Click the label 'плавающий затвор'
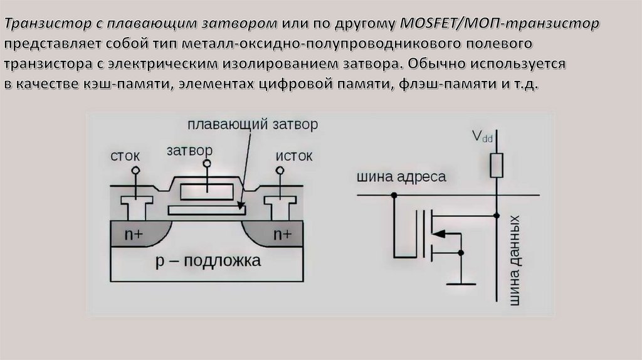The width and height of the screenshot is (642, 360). [x=253, y=125]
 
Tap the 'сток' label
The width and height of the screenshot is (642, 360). [x=125, y=156]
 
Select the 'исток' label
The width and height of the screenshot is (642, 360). [x=293, y=156]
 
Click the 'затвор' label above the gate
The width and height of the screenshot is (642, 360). [x=189, y=151]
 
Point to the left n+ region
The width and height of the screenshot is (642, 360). [x=137, y=234]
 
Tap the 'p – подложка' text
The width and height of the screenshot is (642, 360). [x=208, y=260]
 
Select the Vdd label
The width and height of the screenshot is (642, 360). [x=482, y=136]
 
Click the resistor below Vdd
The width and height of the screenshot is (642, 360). [x=497, y=166]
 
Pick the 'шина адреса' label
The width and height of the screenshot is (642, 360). [x=401, y=177]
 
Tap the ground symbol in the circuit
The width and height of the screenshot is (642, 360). [x=461, y=283]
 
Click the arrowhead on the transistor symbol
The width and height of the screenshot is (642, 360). [x=438, y=235]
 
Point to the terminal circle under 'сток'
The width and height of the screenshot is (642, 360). [x=135, y=169]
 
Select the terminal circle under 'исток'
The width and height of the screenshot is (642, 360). [x=280, y=169]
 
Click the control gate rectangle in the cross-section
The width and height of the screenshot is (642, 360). [x=207, y=192]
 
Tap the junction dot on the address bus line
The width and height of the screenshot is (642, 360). [x=394, y=195]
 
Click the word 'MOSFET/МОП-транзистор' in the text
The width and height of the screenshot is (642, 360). [x=499, y=23]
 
